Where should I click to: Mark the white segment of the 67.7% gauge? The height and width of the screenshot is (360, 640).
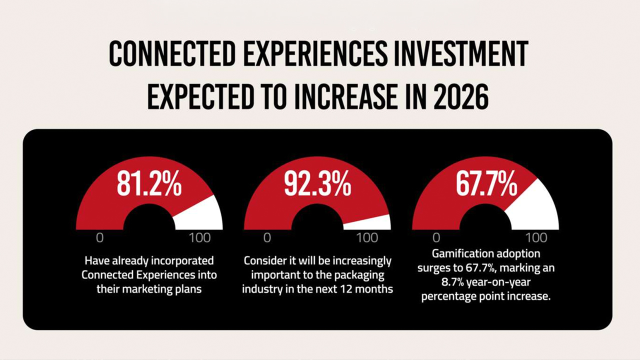(532, 205)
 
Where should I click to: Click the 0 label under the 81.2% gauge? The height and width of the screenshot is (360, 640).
(99, 237)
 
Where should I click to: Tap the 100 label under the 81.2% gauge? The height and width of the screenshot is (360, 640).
(200, 237)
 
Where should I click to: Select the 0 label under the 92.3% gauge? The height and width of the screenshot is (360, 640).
(267, 237)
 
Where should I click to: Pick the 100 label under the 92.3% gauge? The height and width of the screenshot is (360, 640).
(367, 237)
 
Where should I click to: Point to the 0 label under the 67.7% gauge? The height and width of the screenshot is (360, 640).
(436, 237)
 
